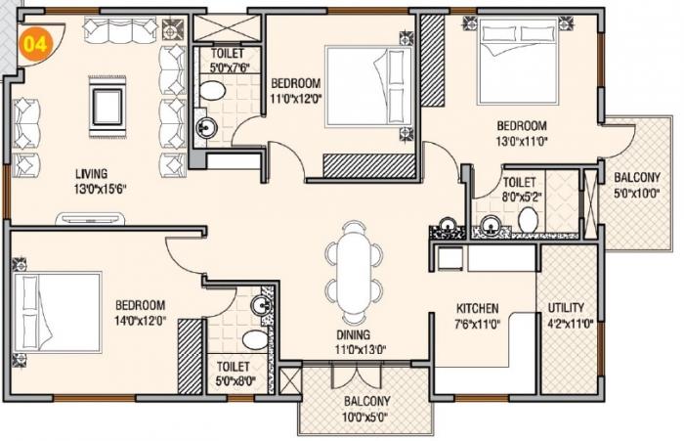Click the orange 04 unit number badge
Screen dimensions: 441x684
(36, 44)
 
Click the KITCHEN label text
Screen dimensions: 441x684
(478, 307)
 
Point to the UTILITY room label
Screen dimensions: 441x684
(566, 307)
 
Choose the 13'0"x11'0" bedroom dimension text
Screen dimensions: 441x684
(520, 141)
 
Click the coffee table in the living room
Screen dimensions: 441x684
(106, 103)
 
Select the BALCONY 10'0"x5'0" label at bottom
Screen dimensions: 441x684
(366, 408)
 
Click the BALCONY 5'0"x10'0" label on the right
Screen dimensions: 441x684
(634, 185)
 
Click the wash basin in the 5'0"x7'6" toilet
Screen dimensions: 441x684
(206, 126)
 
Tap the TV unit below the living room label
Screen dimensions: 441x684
(98, 217)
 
